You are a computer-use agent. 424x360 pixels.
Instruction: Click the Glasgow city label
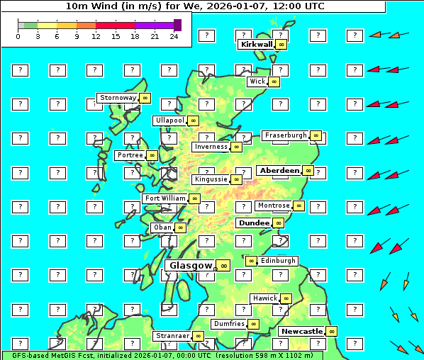point(191,266)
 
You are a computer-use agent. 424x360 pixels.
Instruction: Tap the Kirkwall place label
point(256,45)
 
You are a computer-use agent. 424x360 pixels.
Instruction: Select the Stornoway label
point(118,98)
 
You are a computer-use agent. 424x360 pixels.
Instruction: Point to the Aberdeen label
point(279,171)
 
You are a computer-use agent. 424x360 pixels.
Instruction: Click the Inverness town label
point(211,147)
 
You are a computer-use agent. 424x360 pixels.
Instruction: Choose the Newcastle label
point(301,331)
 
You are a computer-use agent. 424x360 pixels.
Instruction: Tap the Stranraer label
point(172,336)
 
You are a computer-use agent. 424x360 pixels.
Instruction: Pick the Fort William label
point(165,198)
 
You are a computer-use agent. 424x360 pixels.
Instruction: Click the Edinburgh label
point(278,261)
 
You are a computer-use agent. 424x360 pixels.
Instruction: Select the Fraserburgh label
point(286,135)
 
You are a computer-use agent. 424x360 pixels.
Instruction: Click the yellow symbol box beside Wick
point(274,82)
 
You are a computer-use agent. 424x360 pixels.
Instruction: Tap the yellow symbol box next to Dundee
point(279,223)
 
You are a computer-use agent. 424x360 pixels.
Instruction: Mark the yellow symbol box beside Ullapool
point(193,121)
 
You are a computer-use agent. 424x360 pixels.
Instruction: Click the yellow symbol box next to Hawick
point(286,299)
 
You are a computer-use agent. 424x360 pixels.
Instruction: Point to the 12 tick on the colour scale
point(96,36)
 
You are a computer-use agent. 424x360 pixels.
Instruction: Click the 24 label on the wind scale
point(174,36)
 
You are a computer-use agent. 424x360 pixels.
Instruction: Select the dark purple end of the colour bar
point(177,25)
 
